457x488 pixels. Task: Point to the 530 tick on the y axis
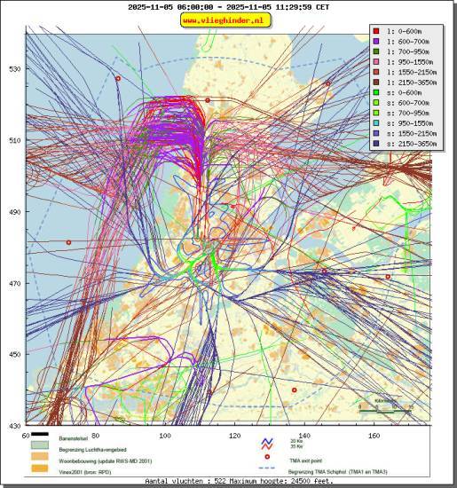[15, 69]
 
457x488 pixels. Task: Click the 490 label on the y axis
[15, 213]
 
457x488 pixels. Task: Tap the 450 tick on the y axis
[15, 355]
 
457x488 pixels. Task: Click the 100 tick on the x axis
[165, 436]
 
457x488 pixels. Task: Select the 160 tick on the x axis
[374, 436]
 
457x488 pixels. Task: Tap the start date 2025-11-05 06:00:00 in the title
[169, 6]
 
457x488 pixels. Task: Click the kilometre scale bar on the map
[386, 410]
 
